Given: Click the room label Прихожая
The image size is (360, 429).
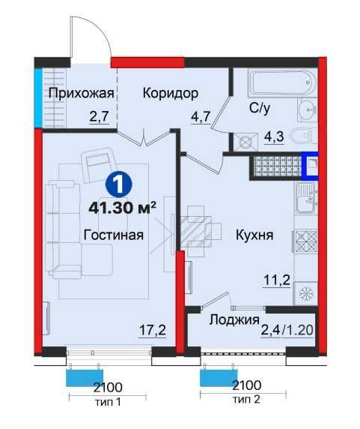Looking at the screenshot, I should click(x=81, y=93).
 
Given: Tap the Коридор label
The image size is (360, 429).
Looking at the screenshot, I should click(x=170, y=93).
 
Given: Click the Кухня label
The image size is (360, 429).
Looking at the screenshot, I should click(x=254, y=235).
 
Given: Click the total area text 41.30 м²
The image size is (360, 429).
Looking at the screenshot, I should click(x=120, y=207).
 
